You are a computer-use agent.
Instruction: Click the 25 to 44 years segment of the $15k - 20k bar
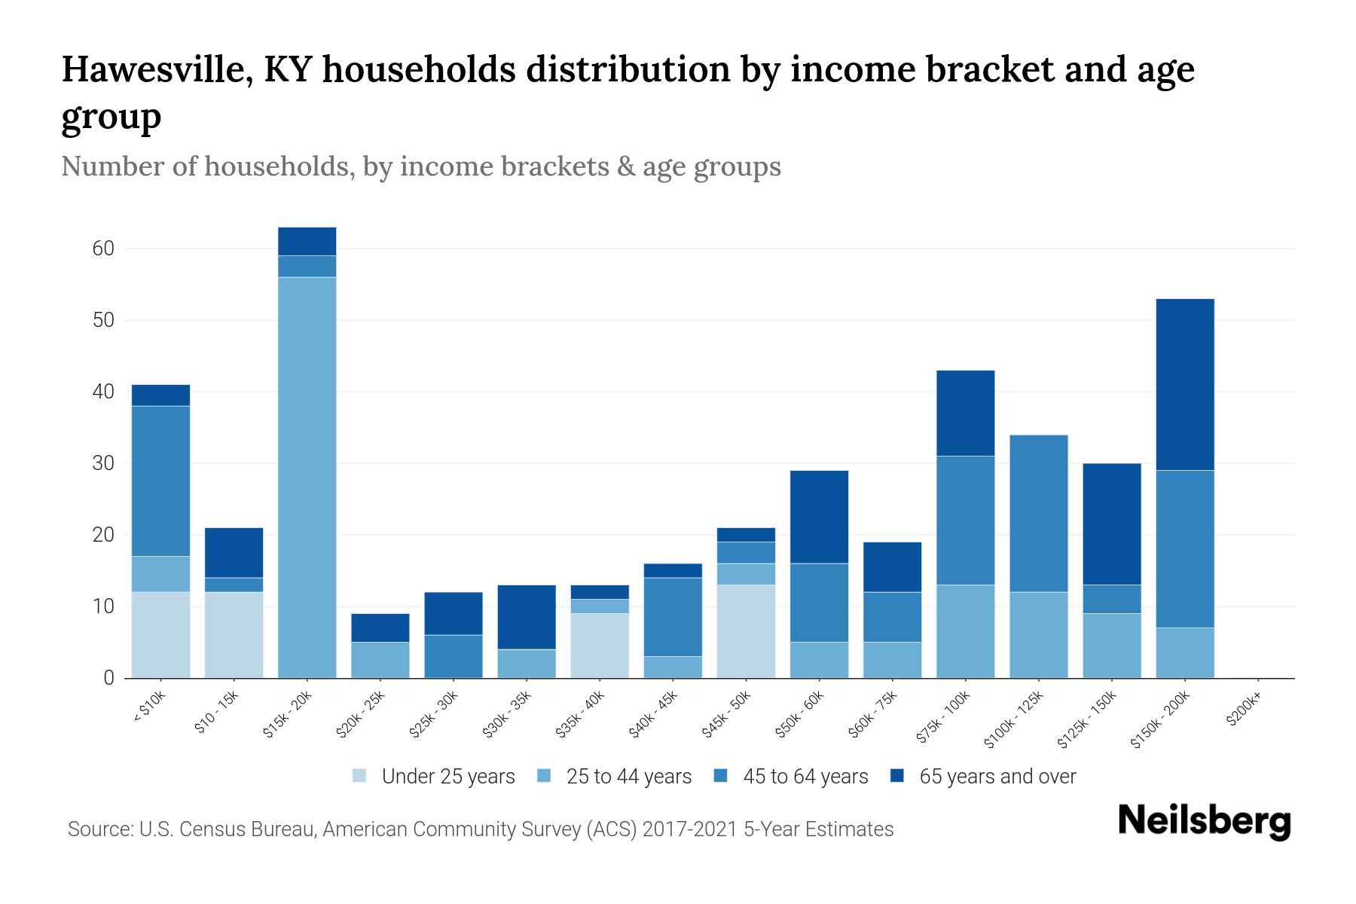(x=307, y=478)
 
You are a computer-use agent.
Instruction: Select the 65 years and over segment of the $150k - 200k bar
(x=1185, y=384)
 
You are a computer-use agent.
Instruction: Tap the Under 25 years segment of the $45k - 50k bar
(x=746, y=631)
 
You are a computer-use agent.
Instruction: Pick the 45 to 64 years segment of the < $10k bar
(x=160, y=481)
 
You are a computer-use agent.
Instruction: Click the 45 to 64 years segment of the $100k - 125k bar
(x=1039, y=513)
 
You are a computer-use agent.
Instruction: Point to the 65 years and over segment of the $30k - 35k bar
(x=527, y=617)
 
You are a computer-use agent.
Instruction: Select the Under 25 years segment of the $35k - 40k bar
(x=600, y=646)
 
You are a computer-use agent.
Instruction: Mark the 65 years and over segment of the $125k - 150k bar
(x=1112, y=524)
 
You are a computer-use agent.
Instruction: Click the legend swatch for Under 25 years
(x=360, y=776)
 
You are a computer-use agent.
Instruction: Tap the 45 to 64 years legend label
(x=805, y=776)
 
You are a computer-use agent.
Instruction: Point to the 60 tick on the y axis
(x=103, y=249)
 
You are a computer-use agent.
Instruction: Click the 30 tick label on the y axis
(x=103, y=463)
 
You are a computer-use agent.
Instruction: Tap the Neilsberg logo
(x=1204, y=821)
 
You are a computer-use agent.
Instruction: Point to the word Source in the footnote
(x=98, y=829)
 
